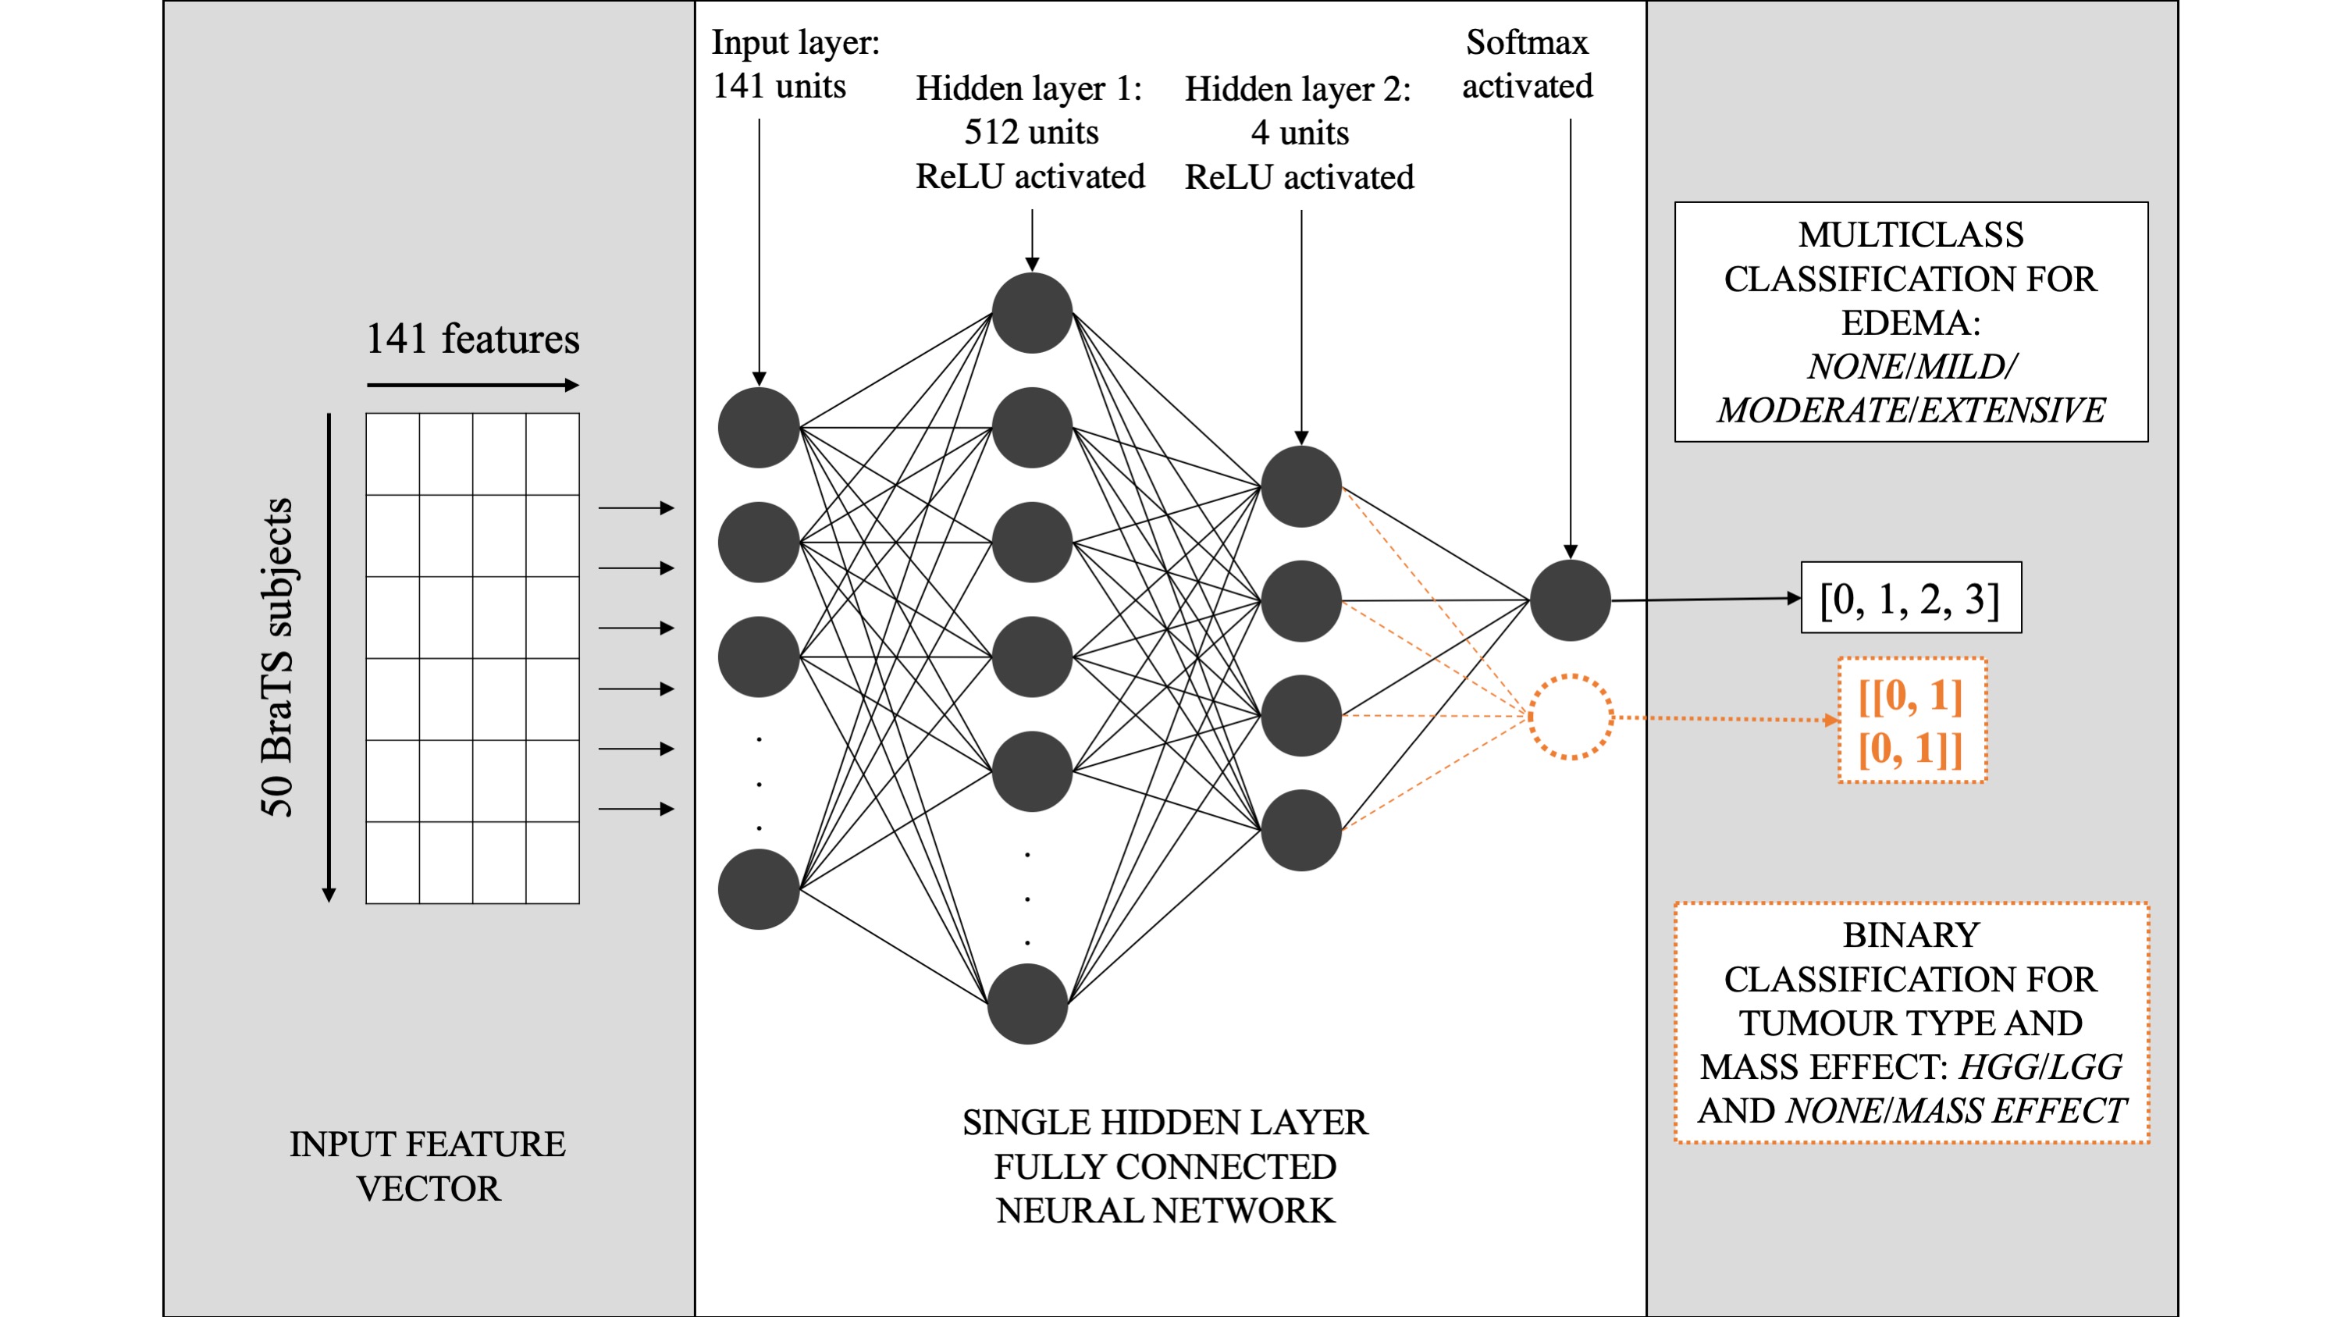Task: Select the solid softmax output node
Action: pos(1571,600)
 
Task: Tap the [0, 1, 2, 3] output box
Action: pos(1910,598)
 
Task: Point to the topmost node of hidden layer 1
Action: pos(1031,313)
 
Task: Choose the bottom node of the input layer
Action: pos(758,889)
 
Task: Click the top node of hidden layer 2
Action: pos(1300,486)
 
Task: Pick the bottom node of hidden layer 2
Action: pos(1300,830)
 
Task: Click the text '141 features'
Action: pos(471,339)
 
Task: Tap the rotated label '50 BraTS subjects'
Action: pos(277,657)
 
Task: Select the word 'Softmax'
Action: pos(1527,43)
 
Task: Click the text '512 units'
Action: pos(1030,133)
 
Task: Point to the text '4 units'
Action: pos(1300,133)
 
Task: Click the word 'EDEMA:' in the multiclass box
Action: pos(1910,322)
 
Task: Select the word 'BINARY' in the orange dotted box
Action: pos(1910,935)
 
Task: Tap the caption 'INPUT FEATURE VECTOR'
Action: pos(427,1166)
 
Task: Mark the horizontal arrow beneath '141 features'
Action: pos(471,386)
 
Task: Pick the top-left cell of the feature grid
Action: pos(393,454)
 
